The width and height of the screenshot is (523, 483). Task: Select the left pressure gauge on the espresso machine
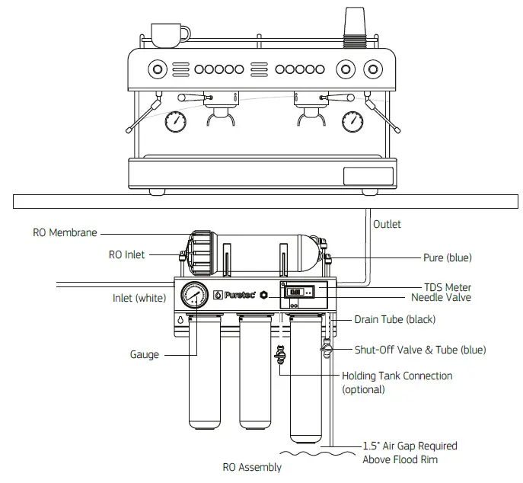pos(176,121)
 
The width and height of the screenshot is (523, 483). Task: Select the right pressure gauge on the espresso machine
pos(352,121)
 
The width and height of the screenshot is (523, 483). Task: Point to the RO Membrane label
pos(65,233)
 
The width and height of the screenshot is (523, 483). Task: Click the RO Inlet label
pos(126,254)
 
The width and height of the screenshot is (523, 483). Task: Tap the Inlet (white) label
pos(139,298)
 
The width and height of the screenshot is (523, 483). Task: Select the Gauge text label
pos(145,355)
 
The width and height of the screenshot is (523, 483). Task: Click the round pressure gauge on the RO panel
pos(195,296)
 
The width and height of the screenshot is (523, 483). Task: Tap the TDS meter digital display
pos(298,291)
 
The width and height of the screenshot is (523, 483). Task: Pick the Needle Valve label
pos(441,297)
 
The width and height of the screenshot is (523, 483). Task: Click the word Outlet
pos(387,225)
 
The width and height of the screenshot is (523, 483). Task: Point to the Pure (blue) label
pos(448,257)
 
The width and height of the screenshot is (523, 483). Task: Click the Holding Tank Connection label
pos(397,376)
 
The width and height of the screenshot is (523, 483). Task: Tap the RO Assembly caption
pos(252,467)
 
